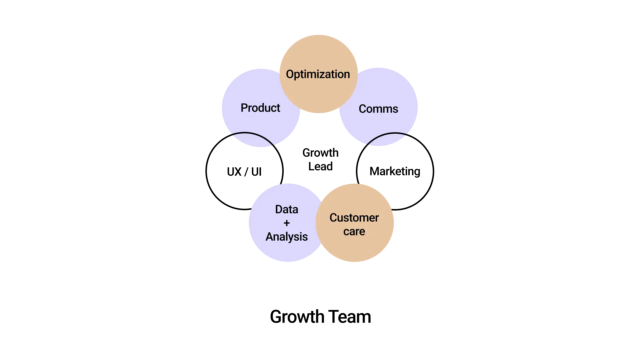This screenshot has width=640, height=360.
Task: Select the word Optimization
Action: [x=318, y=74]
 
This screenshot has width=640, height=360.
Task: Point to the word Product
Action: [x=260, y=108]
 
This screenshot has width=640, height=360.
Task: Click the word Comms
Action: [x=378, y=109]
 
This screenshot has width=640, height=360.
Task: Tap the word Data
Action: [x=287, y=209]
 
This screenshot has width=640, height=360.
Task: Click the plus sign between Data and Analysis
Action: [x=287, y=223]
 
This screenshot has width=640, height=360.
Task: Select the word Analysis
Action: [x=287, y=237]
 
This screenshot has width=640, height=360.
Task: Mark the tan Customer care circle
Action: [x=355, y=250]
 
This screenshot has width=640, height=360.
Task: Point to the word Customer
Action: [x=354, y=218]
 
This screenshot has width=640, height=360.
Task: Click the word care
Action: [x=354, y=231]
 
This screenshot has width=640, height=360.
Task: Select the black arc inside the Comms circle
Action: [x=387, y=134]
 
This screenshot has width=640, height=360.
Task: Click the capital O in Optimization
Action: [x=290, y=74]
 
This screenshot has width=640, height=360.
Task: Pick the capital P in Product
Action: [x=244, y=108]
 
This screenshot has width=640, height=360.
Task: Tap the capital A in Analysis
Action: [x=269, y=237]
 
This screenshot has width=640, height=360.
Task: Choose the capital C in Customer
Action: [x=333, y=218]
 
